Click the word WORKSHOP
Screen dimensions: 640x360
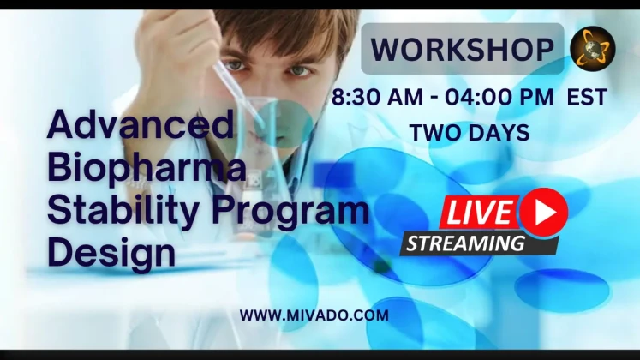tap(462, 49)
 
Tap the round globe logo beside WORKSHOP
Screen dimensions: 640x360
tap(593, 49)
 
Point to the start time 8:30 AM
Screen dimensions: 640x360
tap(377, 97)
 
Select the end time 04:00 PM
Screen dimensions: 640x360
tap(499, 97)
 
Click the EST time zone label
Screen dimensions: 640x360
tap(587, 97)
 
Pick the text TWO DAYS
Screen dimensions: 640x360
tap(470, 133)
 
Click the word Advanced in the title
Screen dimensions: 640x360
tap(141, 123)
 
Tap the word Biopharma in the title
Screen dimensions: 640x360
tap(147, 168)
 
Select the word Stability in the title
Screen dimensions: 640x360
tap(123, 209)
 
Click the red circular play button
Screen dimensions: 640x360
tap(544, 213)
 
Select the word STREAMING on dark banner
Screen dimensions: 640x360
tap(465, 243)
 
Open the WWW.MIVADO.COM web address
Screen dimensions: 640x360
tap(314, 315)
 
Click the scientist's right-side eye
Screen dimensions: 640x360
tap(299, 70)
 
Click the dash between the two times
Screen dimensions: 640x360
tap(434, 99)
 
